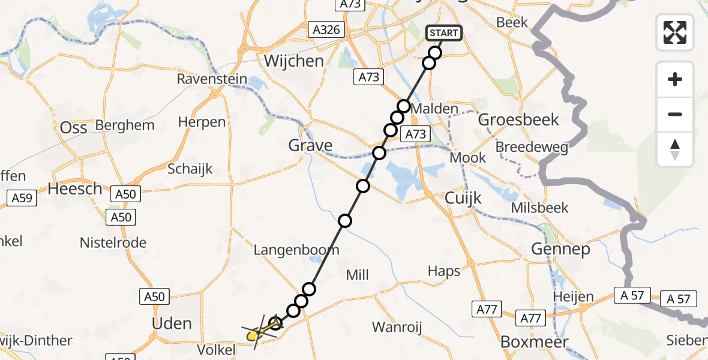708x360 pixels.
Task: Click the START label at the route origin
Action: (444, 33)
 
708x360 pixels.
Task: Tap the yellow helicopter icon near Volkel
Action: (257, 332)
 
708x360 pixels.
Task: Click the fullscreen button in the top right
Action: (675, 32)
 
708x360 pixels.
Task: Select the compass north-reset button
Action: (675, 149)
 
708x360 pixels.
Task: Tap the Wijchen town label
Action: (295, 61)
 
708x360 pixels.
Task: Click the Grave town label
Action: (310, 145)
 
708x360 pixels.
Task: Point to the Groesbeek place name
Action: (518, 119)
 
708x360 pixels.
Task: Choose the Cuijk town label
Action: (463, 198)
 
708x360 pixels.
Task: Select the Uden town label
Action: (172, 324)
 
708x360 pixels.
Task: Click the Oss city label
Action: (74, 128)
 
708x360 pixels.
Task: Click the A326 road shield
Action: (326, 29)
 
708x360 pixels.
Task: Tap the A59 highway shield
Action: (22, 198)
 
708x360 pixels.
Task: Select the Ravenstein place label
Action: (212, 79)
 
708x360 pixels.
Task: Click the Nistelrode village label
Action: (113, 243)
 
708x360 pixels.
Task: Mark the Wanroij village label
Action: (397, 327)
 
